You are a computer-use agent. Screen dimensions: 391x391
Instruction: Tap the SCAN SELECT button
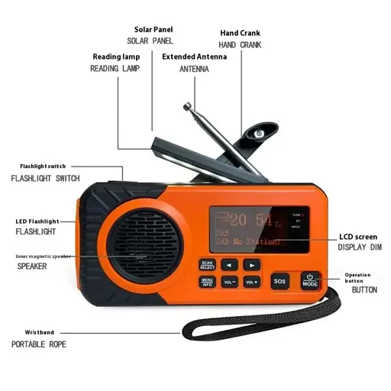[x=208, y=264]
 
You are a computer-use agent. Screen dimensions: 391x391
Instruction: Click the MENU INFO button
[x=208, y=281]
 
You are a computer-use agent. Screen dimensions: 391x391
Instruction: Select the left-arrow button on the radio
[x=229, y=264]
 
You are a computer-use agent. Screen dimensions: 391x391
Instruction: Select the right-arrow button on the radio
[x=252, y=264]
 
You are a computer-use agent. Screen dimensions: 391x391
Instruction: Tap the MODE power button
[x=309, y=280]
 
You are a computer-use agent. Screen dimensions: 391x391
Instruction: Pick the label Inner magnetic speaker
[x=44, y=256]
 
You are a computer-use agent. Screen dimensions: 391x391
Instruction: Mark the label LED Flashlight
[x=37, y=221]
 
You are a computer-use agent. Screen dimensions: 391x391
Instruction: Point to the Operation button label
[x=357, y=278]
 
